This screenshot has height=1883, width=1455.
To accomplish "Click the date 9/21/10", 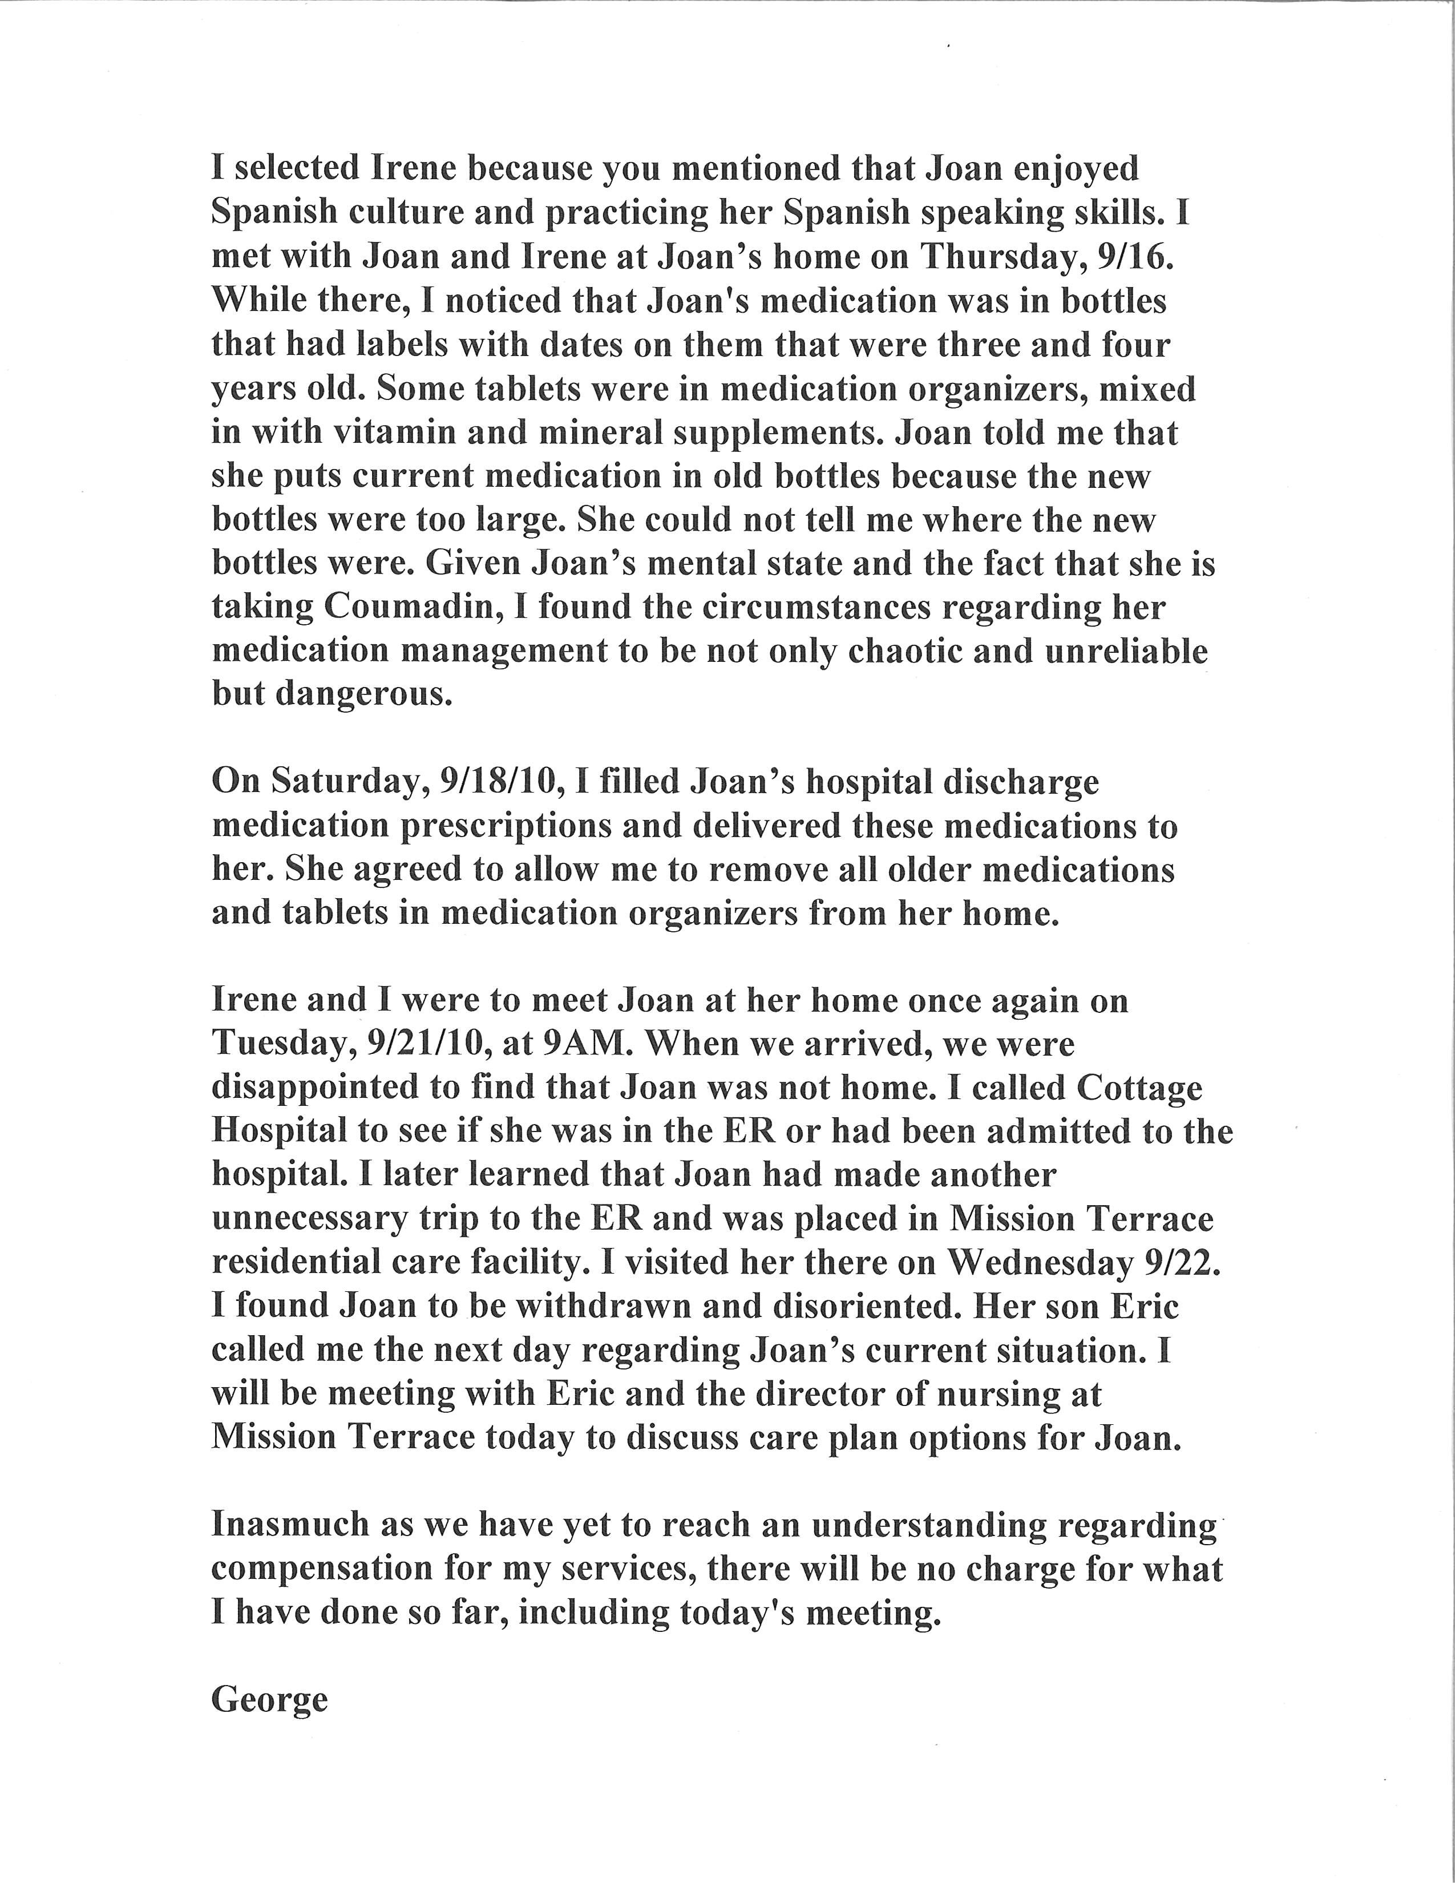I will (429, 1044).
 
